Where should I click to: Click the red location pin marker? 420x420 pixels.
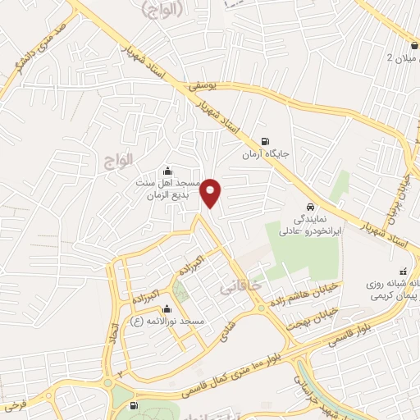pyautogui.click(x=212, y=192)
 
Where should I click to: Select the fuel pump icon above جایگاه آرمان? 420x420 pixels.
pyautogui.click(x=264, y=140)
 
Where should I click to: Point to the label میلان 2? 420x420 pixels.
pyautogui.click(x=402, y=57)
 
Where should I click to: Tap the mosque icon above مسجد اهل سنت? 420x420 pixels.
pyautogui.click(x=168, y=171)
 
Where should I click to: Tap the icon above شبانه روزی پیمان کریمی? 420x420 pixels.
pyautogui.click(x=402, y=272)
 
